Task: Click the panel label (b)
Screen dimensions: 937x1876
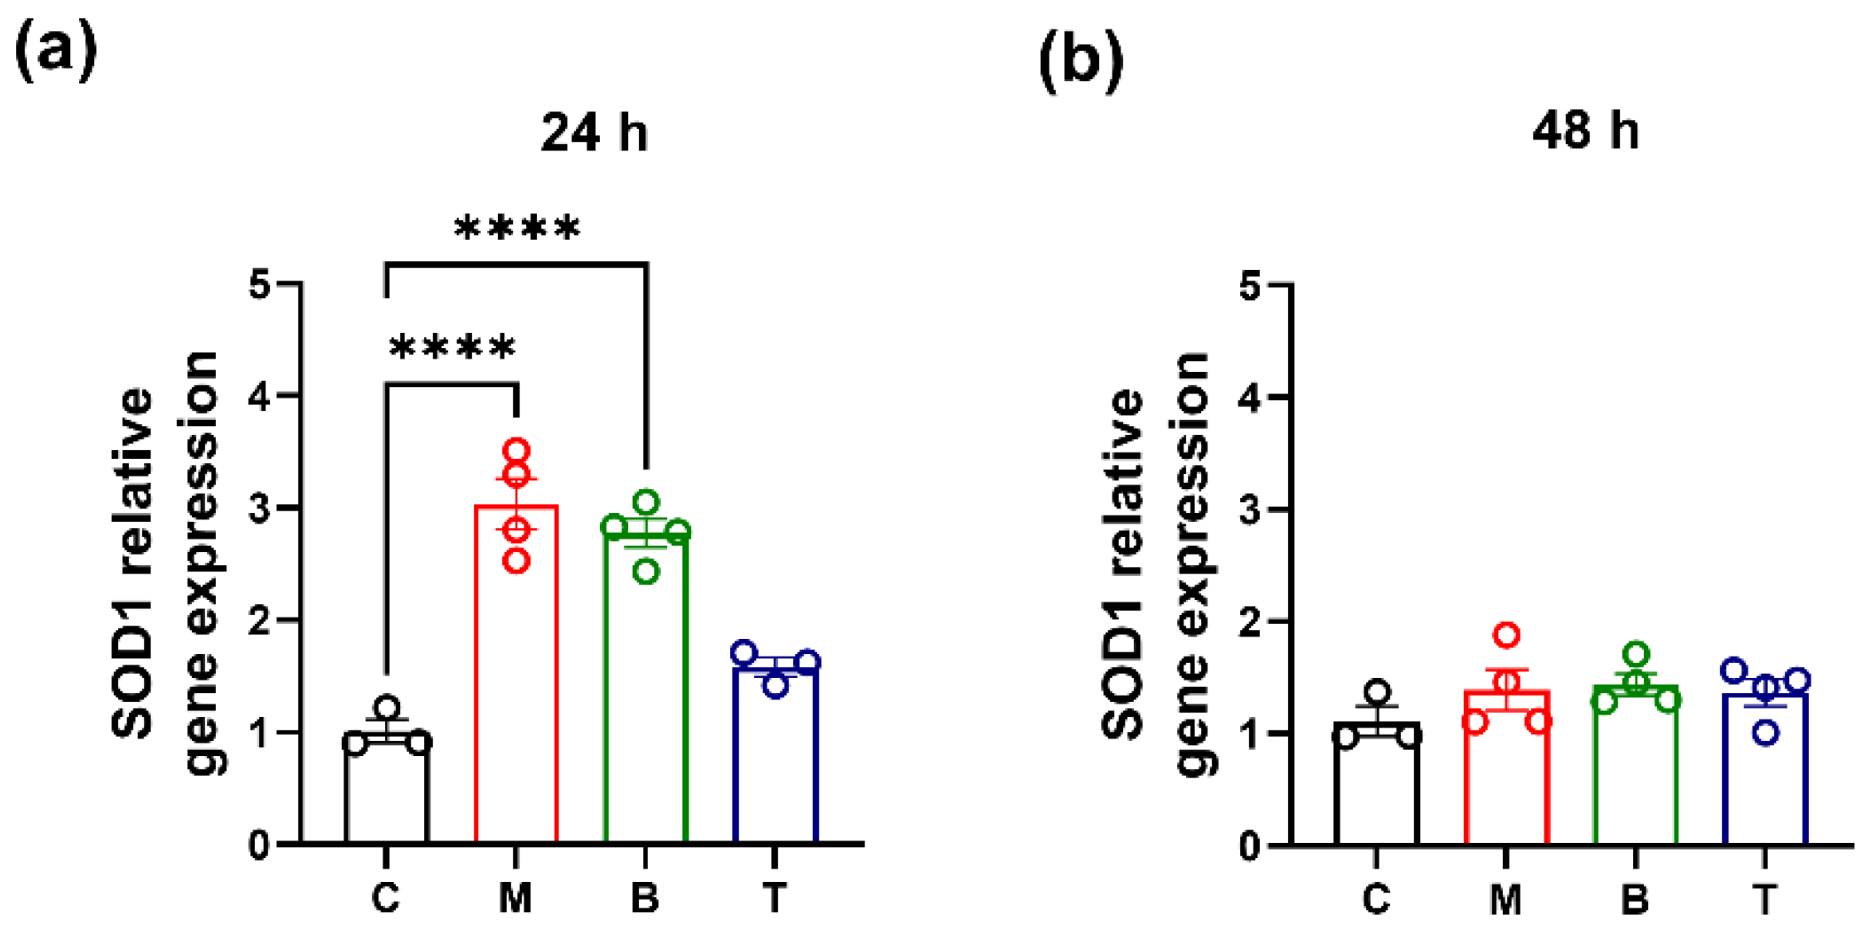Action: coord(1081,61)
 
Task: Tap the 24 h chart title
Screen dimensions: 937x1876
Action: coord(594,132)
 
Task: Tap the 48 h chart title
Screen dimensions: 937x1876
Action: coord(1585,131)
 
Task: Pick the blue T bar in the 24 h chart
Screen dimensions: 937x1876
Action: coord(775,757)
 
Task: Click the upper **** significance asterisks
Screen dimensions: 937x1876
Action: coord(517,229)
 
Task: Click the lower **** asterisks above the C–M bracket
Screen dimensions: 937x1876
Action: coord(452,348)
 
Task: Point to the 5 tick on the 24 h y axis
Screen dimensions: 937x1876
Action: coord(260,284)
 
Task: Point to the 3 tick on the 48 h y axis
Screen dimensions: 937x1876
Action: coord(1250,509)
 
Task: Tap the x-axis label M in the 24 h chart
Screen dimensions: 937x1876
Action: coord(516,898)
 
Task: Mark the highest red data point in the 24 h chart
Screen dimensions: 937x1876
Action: coord(516,451)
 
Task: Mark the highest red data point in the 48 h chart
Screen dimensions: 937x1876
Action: coord(1506,635)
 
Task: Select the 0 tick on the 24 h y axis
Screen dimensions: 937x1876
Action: coord(260,845)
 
